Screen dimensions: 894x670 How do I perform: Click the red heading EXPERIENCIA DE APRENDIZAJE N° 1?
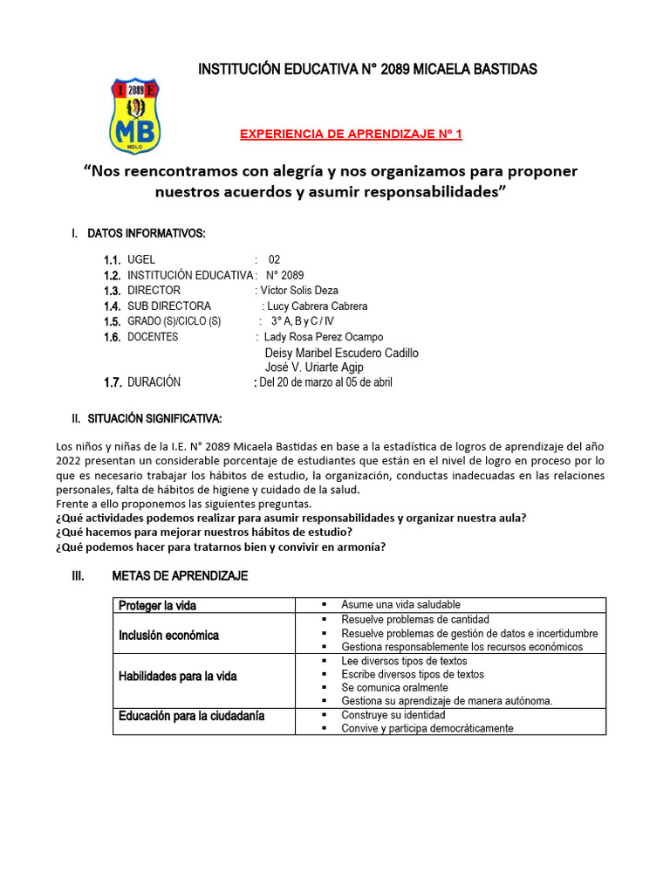pos(351,134)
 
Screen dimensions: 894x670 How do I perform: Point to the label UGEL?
pos(141,260)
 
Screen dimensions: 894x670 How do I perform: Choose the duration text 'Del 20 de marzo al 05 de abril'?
pos(325,382)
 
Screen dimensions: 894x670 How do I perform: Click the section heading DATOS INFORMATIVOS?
pos(147,233)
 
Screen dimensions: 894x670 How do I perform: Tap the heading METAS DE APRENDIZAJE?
pos(180,576)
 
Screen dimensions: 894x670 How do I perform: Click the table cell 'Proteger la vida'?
pos(158,605)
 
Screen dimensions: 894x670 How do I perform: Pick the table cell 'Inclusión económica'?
pos(169,635)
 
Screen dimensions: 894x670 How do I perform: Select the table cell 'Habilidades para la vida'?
pos(178,676)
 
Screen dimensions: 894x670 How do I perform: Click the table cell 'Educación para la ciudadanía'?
pos(191,717)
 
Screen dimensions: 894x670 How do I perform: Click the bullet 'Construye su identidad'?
pos(393,714)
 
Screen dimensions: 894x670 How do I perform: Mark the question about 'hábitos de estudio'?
pos(204,532)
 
